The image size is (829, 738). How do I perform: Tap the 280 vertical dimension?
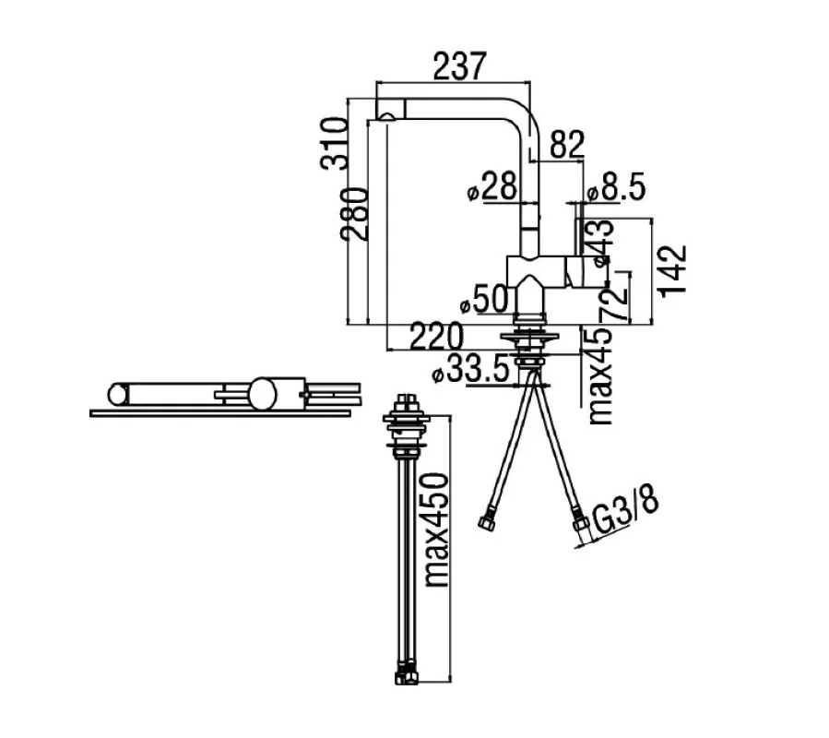[356, 213]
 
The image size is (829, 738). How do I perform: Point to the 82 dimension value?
[567, 144]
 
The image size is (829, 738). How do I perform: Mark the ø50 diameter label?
[482, 300]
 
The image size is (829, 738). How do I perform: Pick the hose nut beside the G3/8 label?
[581, 528]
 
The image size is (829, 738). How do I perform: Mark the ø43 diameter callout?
[599, 242]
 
